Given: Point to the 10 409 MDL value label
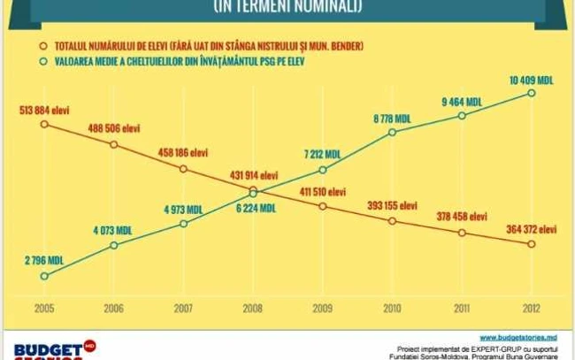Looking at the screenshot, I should coord(532,80).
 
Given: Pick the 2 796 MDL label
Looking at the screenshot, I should coord(42,261).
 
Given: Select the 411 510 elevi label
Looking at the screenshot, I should coord(323,191).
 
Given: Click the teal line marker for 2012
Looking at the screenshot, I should coord(532,93).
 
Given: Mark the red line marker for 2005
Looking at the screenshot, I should coord(44,124).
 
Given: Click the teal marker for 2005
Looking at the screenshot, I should coord(44,275).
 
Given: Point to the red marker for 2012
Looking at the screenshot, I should coord(532,244).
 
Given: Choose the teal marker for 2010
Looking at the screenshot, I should coord(393,132).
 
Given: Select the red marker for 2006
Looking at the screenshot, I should coord(114,143).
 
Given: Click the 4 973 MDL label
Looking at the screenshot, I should coord(183,209).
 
